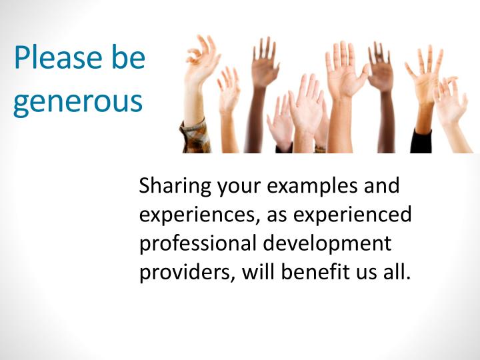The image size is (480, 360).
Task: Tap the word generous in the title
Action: coord(78,101)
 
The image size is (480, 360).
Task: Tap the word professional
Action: coord(197,244)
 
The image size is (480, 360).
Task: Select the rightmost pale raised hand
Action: coord(451,100)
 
